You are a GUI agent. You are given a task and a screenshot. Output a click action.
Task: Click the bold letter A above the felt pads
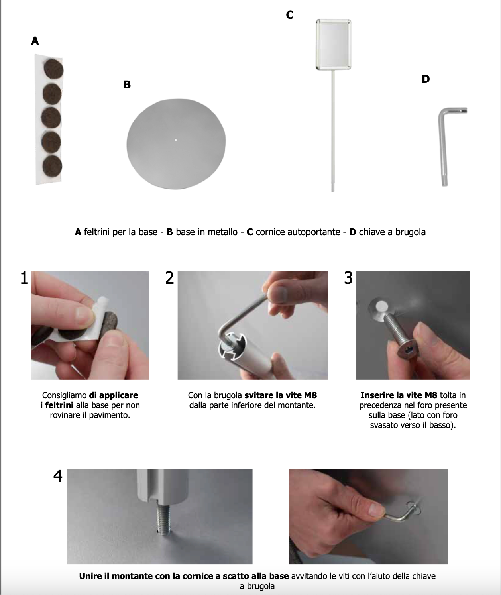tap(35, 41)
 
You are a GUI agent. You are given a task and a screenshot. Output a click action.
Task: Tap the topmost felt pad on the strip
tap(53, 69)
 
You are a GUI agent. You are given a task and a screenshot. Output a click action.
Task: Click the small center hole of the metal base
tap(176, 139)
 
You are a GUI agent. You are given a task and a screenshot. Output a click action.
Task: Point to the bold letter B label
tap(127, 84)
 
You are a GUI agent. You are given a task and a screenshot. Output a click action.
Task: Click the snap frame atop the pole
tap(333, 44)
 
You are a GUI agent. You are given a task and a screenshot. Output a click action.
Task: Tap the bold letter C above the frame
tap(290, 15)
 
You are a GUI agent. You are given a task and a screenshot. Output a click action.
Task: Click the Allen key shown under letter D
tap(444, 143)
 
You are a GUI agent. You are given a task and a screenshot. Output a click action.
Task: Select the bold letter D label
tap(426, 79)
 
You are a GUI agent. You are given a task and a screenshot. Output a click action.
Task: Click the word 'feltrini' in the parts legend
tap(97, 232)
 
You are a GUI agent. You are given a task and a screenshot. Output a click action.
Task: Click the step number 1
tap(24, 278)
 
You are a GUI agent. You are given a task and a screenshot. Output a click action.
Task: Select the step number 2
tap(170, 278)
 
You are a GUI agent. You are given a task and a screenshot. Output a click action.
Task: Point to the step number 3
tap(348, 278)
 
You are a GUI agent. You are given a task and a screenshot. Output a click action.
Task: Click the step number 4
tap(58, 476)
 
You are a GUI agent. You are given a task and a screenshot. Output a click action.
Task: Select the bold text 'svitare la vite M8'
tap(281, 395)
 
